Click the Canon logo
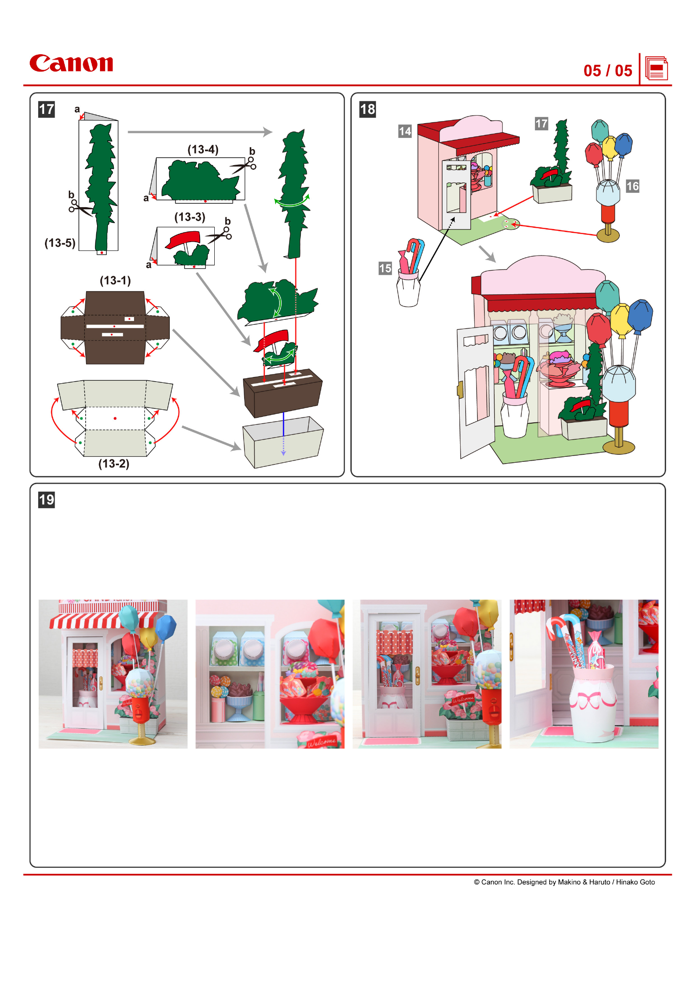coord(71,63)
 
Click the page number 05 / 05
coord(607,71)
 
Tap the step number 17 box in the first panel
coord(46,109)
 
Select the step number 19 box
coord(46,500)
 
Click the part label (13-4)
coord(203,150)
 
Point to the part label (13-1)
coord(115,280)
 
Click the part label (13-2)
coord(113,464)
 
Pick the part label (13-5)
coord(60,243)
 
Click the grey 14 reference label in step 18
coord(404,131)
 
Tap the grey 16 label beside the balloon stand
coord(632,186)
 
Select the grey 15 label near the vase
coord(385,269)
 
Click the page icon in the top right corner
coord(656,69)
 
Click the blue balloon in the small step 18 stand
coord(624,145)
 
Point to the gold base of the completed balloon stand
coord(619,446)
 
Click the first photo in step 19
coord(113,674)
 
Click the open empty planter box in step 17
coord(282,442)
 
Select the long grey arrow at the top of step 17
coord(200,132)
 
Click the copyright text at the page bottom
coord(563,882)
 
